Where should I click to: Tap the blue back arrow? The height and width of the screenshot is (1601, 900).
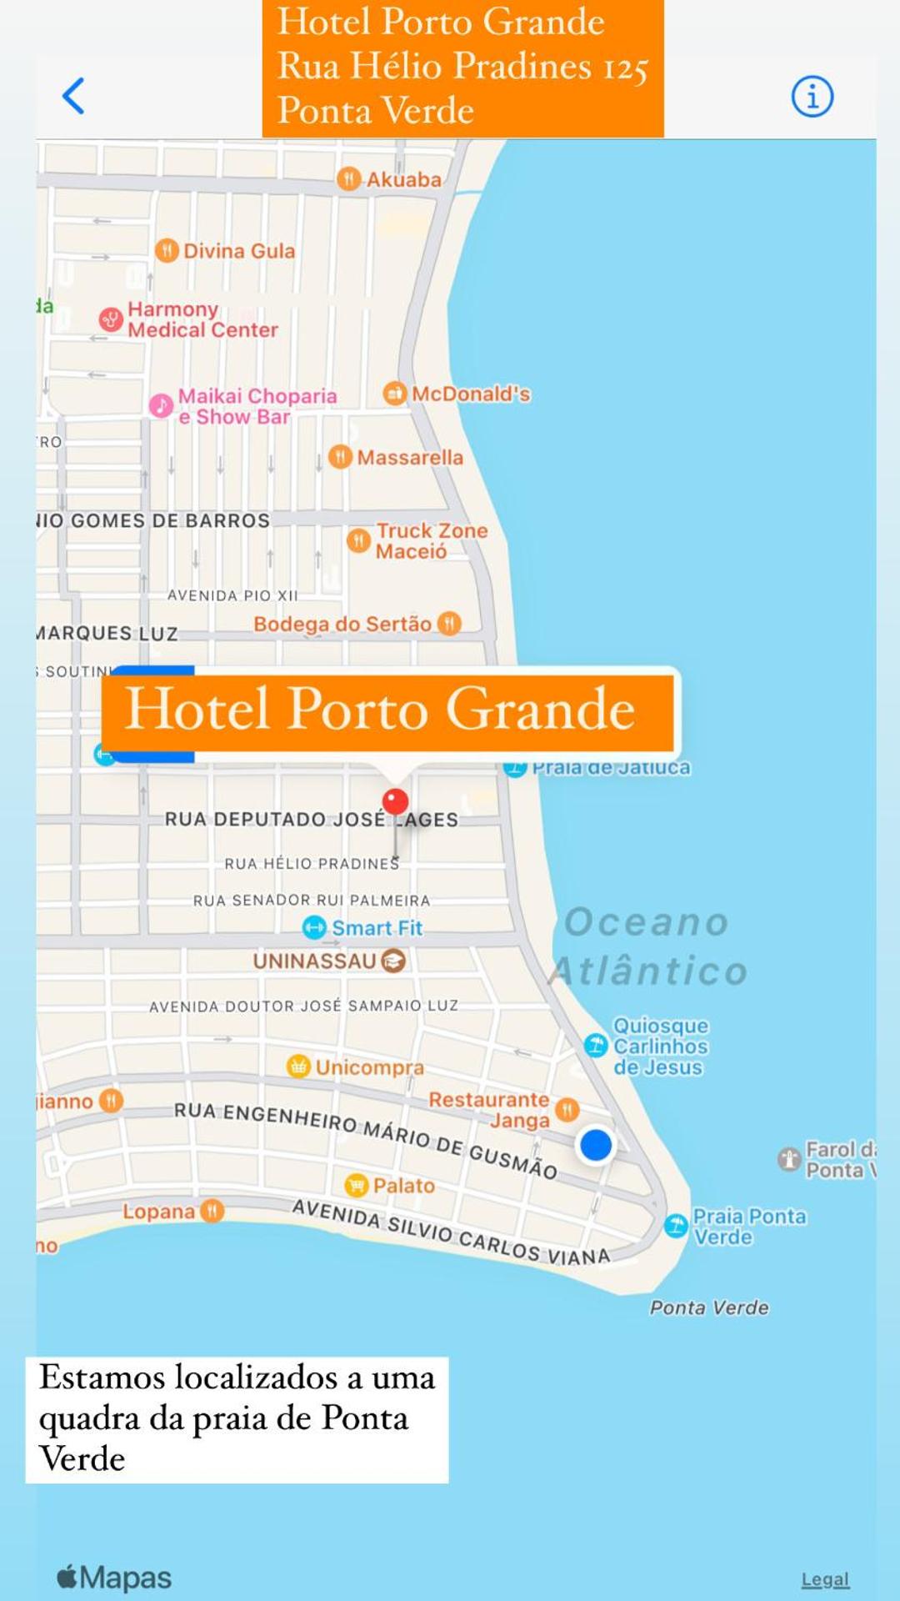[73, 96]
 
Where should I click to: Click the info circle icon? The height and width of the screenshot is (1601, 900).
[812, 96]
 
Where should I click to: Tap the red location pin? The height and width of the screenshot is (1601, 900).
[395, 802]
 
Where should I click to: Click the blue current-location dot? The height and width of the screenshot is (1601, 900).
[596, 1145]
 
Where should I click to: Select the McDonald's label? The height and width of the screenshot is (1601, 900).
[471, 394]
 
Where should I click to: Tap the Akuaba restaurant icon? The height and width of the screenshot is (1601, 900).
[348, 178]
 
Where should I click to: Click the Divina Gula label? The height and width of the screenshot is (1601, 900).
[238, 251]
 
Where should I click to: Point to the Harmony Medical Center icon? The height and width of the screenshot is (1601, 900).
[111, 319]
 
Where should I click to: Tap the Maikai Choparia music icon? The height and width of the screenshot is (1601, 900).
[161, 406]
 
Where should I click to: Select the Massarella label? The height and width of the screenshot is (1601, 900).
[409, 457]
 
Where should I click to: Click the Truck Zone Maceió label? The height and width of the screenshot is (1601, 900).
[431, 540]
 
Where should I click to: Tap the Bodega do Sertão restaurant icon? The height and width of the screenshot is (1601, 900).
[449, 623]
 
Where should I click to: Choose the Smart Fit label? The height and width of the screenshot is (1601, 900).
[377, 927]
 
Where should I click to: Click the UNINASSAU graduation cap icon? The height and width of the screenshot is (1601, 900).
[393, 961]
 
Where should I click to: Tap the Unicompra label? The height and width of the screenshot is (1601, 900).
[369, 1066]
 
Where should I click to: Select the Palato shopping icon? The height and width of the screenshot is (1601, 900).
[356, 1185]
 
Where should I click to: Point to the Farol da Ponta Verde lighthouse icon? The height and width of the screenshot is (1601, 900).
[788, 1159]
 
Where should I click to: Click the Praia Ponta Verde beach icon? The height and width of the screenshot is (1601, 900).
[676, 1225]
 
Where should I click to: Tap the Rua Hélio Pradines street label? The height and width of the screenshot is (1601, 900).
[312, 864]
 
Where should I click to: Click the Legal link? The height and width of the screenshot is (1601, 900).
[825, 1579]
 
